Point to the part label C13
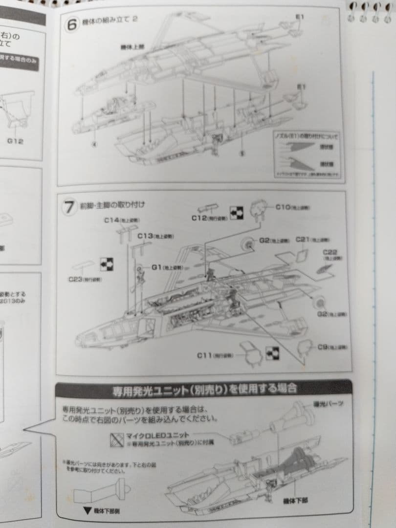coord(145,236)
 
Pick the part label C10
coord(283,207)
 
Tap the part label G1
coord(156,267)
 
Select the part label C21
coord(303,240)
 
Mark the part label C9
coord(322,347)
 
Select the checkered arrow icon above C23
coord(107,264)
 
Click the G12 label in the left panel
coord(15,142)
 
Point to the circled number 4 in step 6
coord(95,144)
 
